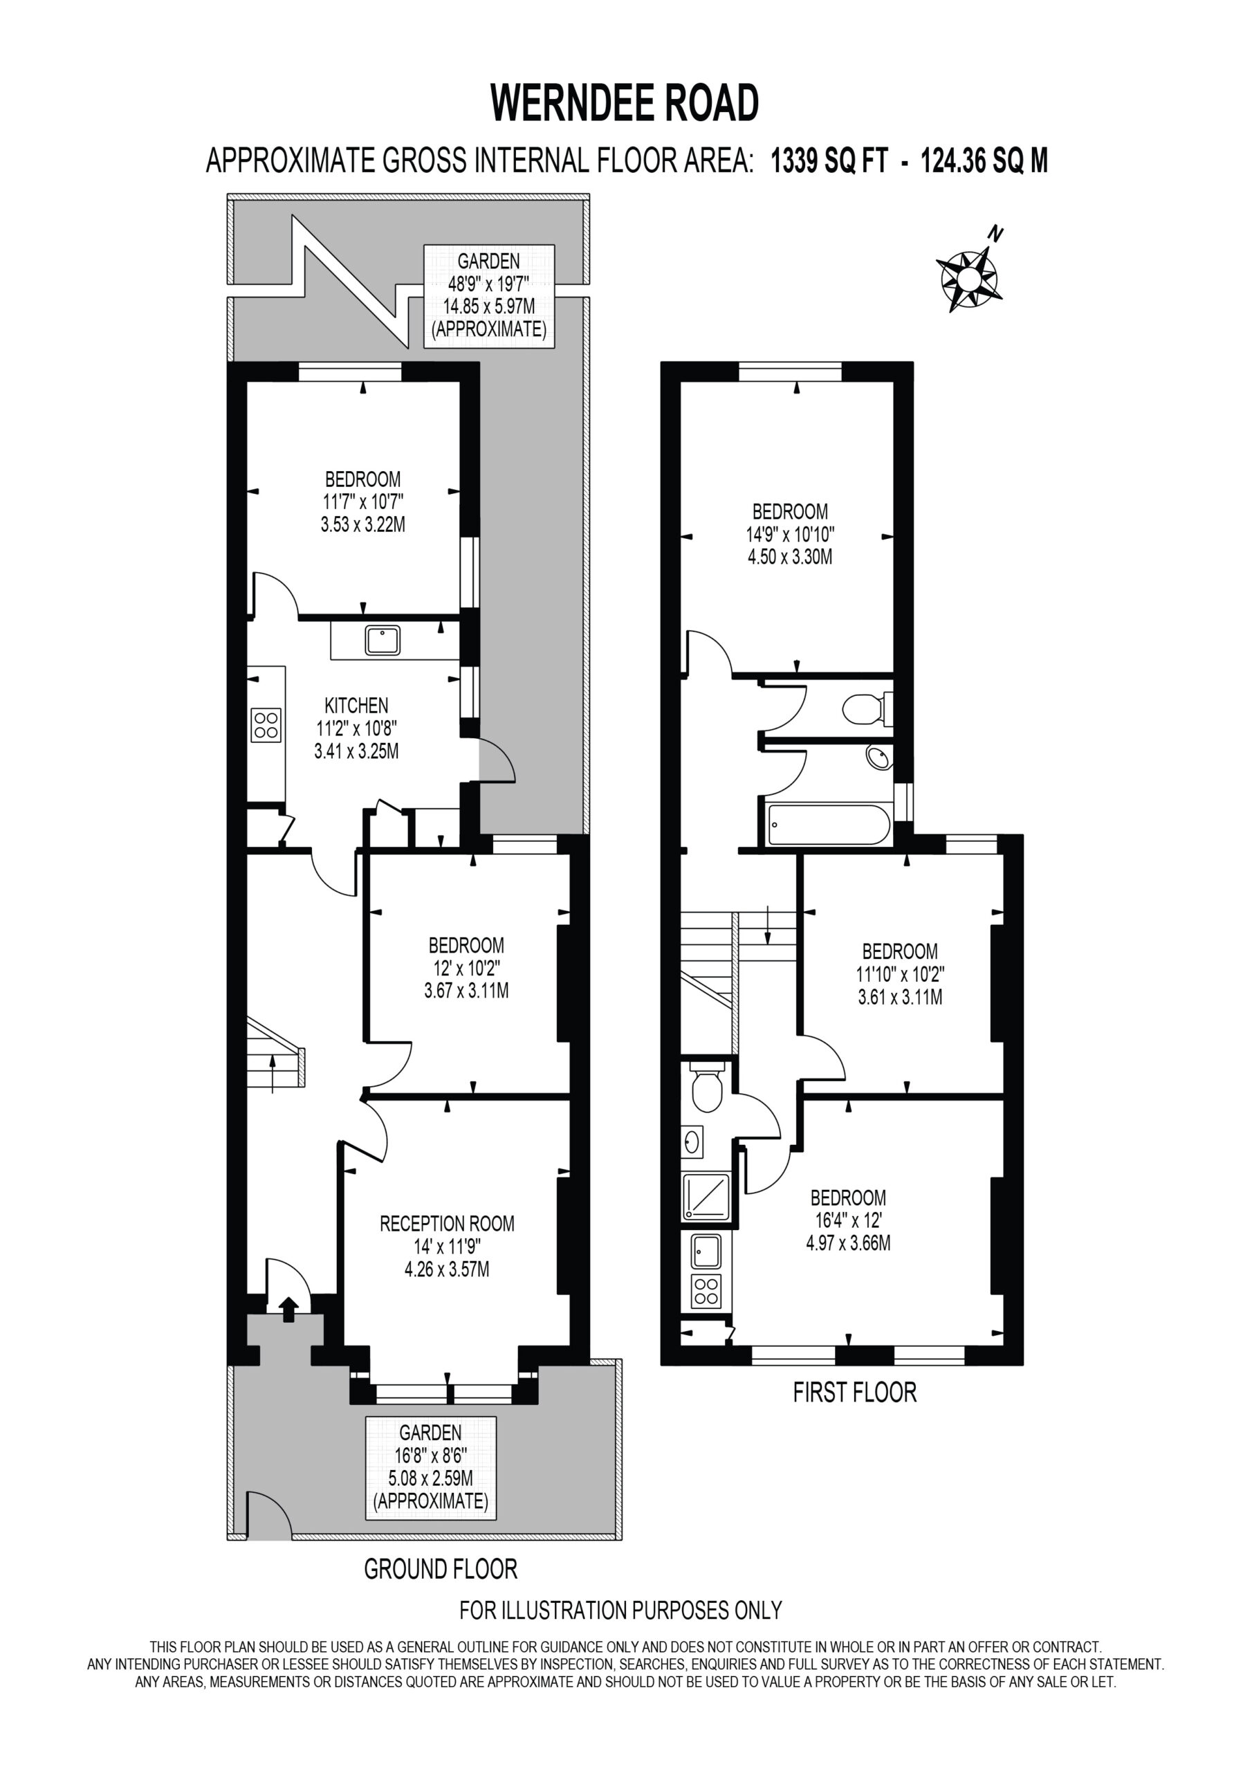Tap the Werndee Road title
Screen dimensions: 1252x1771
[625, 103]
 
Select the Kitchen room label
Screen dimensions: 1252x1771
[356, 705]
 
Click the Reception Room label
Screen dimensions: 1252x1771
[447, 1223]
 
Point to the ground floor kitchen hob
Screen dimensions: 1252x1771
[266, 725]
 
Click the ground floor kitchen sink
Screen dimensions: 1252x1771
[383, 640]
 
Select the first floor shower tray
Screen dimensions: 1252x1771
[706, 1196]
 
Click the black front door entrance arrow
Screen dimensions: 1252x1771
[288, 1309]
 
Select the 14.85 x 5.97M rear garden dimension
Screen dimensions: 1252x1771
[489, 306]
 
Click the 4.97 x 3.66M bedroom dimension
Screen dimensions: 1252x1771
[848, 1242]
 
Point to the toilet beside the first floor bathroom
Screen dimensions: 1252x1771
[867, 709]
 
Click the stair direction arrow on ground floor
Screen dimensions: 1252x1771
[273, 1073]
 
